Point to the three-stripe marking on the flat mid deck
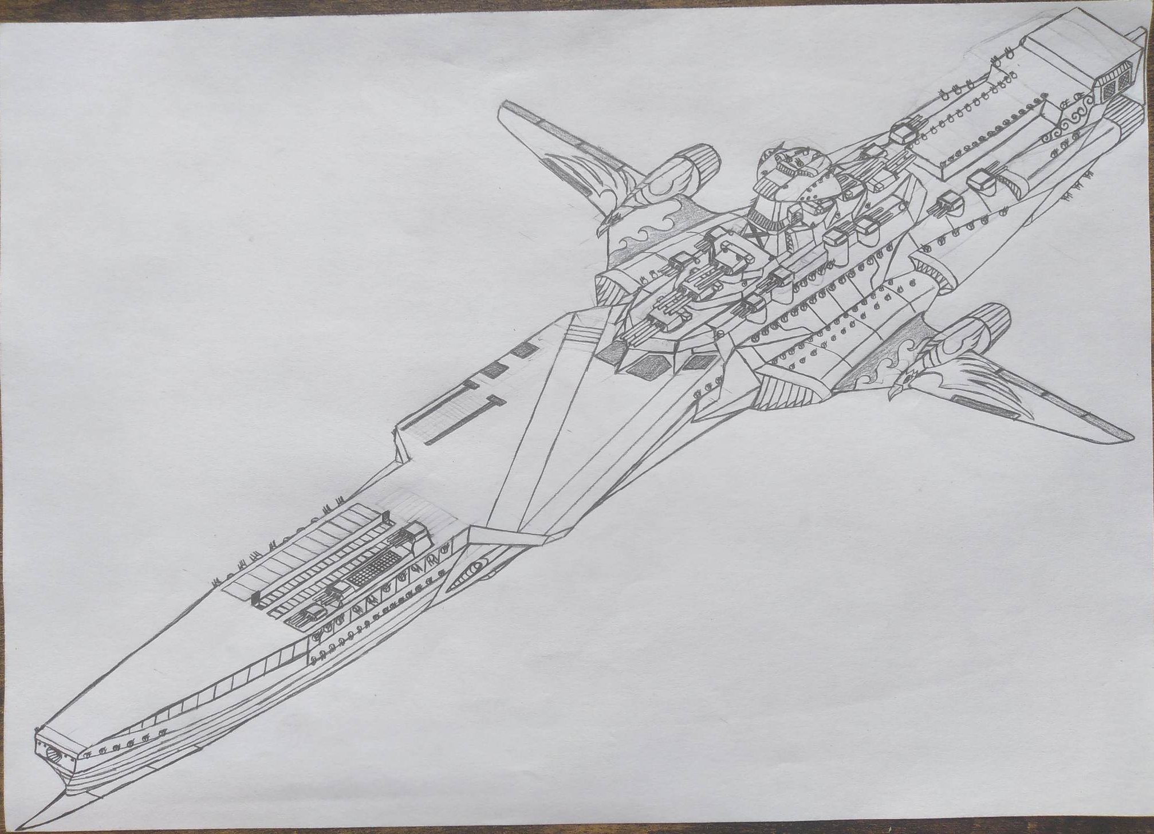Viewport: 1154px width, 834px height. (581, 334)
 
